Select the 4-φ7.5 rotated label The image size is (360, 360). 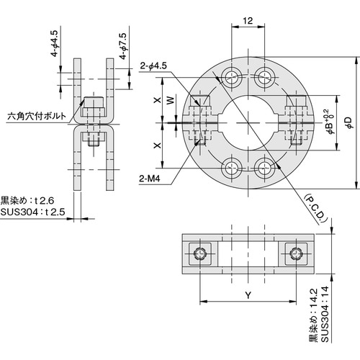point(122,45)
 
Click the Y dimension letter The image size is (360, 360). point(248,295)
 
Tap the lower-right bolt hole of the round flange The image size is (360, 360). point(265,168)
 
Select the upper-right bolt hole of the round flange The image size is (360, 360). point(265,78)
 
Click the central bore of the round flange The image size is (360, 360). point(248,123)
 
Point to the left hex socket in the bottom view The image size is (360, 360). point(199,253)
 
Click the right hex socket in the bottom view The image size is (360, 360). point(295,253)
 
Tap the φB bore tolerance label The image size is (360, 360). point(330,123)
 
